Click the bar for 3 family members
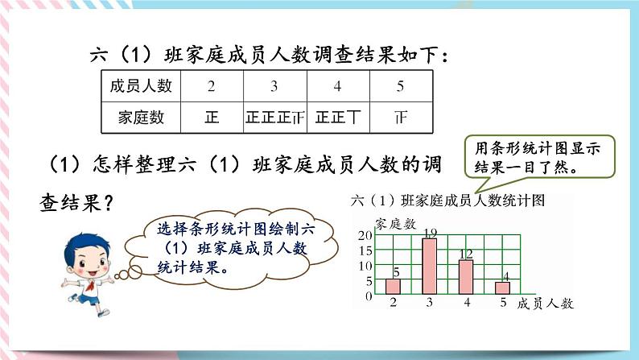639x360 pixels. pyautogui.click(x=430, y=266)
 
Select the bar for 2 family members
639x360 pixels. pyautogui.click(x=393, y=286)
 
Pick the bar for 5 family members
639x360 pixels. pyautogui.click(x=502, y=288)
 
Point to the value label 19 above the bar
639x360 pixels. pyautogui.click(x=430, y=233)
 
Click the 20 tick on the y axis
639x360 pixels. pyautogui.click(x=365, y=235)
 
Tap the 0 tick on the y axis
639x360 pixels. pyautogui.click(x=369, y=296)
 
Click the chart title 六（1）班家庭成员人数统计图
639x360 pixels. pyautogui.click(x=448, y=200)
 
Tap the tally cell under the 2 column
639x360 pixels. pyautogui.click(x=212, y=118)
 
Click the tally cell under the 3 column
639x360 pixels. pyautogui.click(x=274, y=118)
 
